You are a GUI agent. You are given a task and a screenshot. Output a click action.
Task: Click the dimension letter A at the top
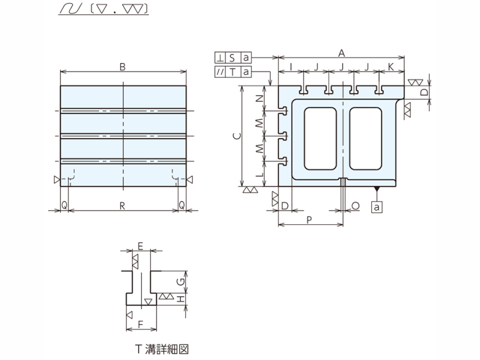341,53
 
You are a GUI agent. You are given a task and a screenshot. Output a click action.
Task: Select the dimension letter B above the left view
122,67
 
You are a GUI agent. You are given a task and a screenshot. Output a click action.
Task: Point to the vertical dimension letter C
237,136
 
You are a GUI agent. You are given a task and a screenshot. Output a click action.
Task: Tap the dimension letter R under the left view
122,206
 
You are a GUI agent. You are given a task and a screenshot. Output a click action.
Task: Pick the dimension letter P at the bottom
309,220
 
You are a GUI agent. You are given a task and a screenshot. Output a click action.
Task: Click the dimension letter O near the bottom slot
355,206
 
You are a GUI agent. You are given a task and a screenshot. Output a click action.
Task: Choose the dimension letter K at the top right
391,67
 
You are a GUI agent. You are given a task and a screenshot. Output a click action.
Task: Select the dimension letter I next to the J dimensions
291,67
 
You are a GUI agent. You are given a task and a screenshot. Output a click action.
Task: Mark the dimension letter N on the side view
260,98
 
